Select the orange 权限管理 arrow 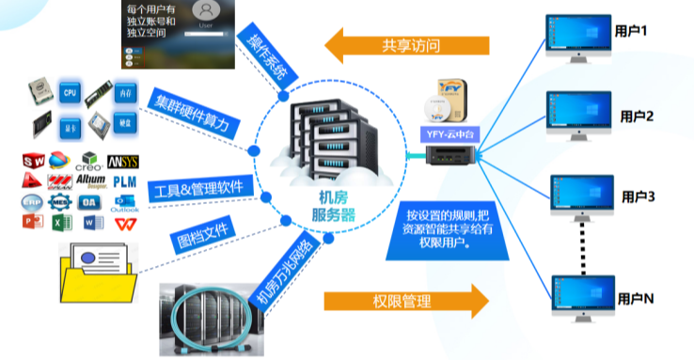pyautogui.click(x=405, y=302)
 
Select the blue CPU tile pyautogui.click(x=70, y=94)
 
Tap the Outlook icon pyautogui.click(x=124, y=203)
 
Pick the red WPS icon pyautogui.click(x=124, y=224)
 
